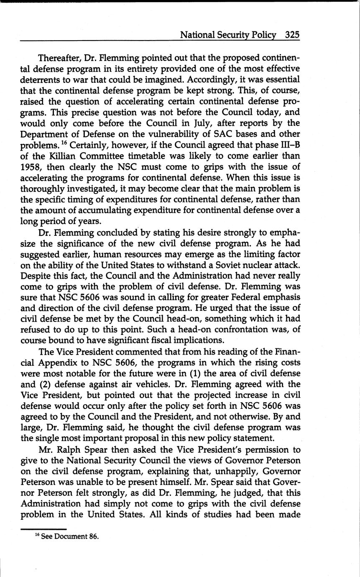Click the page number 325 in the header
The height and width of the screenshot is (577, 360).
292,35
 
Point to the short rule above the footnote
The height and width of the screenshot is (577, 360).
43,529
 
